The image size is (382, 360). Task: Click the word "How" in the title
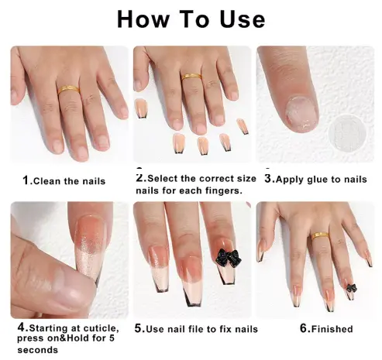click(x=143, y=19)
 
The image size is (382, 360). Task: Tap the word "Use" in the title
click(x=243, y=19)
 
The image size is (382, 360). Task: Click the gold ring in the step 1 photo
click(x=68, y=90)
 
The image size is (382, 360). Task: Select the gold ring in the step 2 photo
click(x=191, y=76)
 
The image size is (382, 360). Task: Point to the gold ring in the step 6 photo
click(x=320, y=236)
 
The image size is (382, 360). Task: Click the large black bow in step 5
click(x=229, y=258)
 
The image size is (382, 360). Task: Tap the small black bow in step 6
click(x=351, y=288)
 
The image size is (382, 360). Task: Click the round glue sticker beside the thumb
click(x=347, y=133)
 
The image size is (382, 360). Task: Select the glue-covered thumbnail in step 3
click(x=301, y=115)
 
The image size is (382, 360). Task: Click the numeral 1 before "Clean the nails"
click(x=26, y=180)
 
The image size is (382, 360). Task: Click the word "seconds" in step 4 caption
click(x=38, y=350)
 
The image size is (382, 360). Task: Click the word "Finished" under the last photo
click(x=332, y=329)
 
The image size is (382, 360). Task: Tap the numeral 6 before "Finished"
click(x=304, y=328)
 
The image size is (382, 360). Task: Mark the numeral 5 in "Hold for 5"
click(x=112, y=338)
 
